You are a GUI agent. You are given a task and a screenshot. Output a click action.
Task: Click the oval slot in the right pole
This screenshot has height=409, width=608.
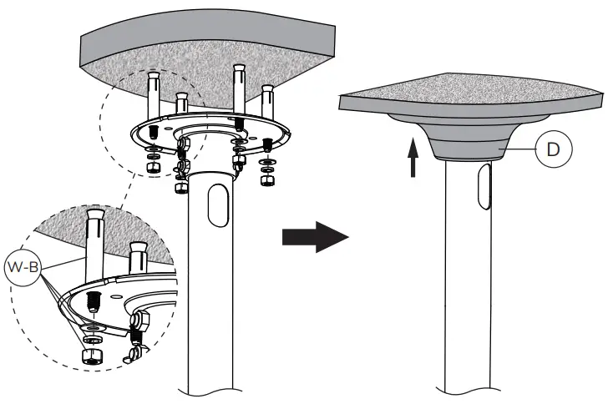pyautogui.click(x=481, y=187)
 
